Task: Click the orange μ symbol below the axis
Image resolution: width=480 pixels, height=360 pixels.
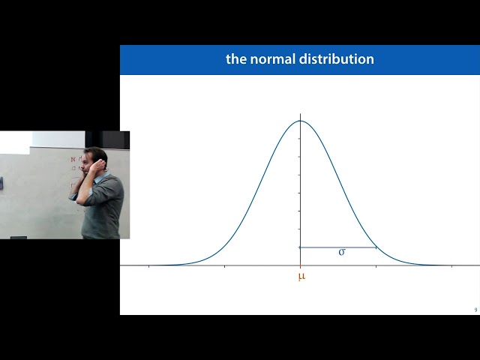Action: [301, 277]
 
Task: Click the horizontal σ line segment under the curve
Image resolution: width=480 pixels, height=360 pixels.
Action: [337, 247]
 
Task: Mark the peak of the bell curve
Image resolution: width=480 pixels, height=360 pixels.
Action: [300, 121]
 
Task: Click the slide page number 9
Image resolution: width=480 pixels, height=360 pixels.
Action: [475, 310]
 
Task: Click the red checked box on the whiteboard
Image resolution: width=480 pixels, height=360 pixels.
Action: [73, 160]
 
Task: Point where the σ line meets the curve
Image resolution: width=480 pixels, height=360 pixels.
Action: [376, 247]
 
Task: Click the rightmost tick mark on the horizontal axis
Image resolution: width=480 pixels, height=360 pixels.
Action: [451, 265]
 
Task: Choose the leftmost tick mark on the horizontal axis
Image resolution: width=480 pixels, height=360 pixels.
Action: [148, 265]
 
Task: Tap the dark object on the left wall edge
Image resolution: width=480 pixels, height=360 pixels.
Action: [1, 182]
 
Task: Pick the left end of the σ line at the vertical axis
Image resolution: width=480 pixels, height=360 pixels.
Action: [300, 247]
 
